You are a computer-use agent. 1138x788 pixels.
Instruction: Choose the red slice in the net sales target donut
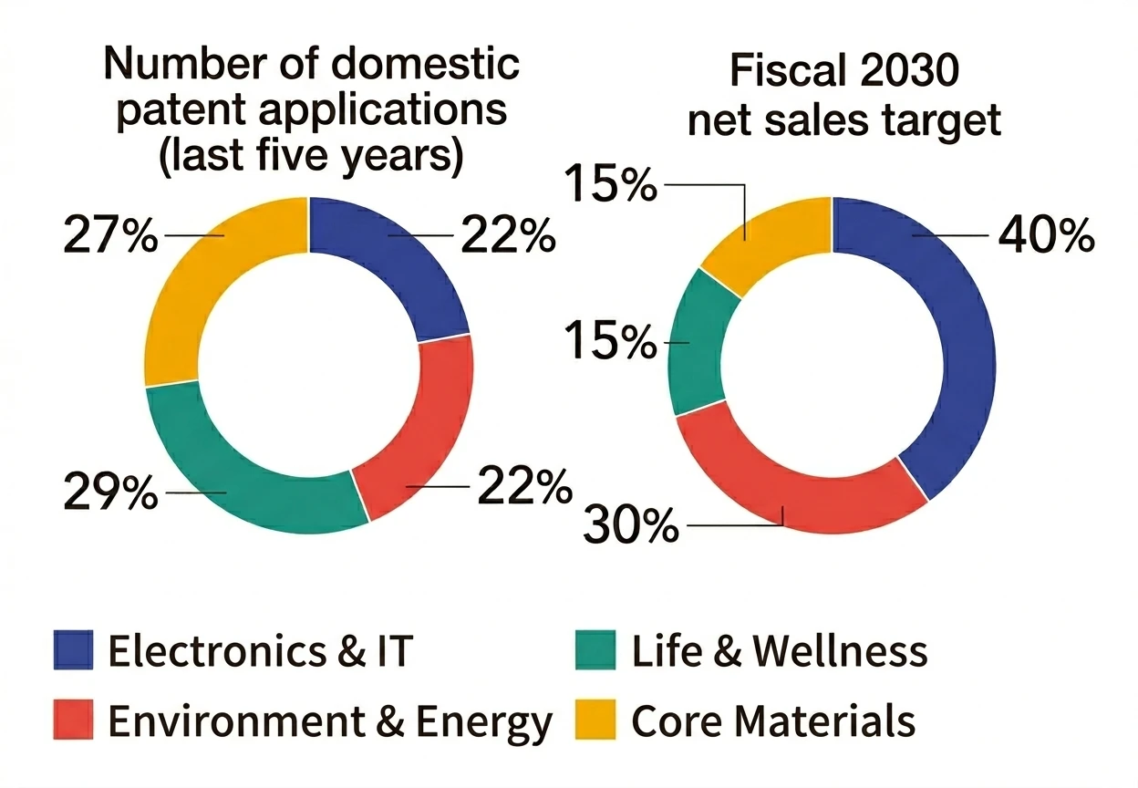(793, 483)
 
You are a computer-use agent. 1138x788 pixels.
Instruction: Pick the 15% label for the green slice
(610, 343)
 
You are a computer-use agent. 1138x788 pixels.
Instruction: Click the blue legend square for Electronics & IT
(73, 650)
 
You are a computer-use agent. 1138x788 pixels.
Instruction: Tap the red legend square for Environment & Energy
(73, 721)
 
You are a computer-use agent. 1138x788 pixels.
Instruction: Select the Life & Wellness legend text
(780, 651)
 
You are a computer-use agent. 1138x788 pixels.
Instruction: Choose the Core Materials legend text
(773, 721)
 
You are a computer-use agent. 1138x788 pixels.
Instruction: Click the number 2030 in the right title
(903, 70)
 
